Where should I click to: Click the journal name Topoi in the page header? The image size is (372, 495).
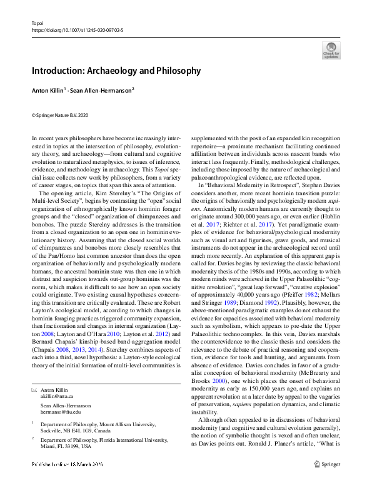tap(37, 21)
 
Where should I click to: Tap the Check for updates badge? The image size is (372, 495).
tap(331, 50)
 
